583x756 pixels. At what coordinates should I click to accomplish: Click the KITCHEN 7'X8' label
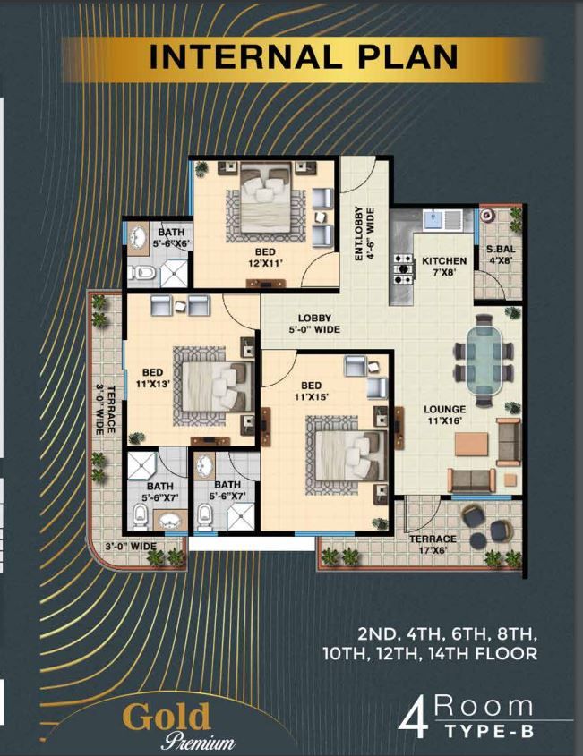[444, 266]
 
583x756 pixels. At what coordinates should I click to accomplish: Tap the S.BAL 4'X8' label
[501, 255]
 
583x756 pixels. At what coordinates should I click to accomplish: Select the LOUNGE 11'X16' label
[444, 414]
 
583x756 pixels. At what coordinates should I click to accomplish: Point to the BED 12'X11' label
[265, 257]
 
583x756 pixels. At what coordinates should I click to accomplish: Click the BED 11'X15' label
[312, 391]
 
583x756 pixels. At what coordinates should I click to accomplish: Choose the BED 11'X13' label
[152, 378]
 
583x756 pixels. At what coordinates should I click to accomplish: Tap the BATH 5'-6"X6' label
[171, 238]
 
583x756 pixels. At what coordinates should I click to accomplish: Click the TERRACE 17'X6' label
[433, 544]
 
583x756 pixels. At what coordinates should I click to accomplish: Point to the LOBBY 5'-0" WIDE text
[314, 324]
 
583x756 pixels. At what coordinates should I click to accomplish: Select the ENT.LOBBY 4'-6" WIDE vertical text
[364, 234]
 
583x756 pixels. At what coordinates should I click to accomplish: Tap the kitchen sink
[433, 219]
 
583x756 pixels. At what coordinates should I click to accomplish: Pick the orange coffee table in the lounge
[471, 444]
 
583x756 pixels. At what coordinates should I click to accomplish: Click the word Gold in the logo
[167, 716]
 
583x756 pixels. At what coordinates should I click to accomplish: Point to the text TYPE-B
[489, 731]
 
